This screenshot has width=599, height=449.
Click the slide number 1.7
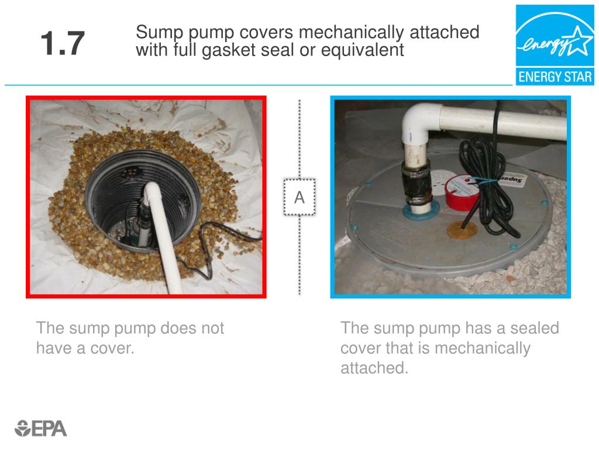62,43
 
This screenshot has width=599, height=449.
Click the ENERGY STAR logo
555,45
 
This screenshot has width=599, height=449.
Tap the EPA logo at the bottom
40,429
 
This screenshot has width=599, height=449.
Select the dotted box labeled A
299,197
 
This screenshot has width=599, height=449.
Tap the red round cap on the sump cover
462,193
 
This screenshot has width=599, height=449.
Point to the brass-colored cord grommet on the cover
462,230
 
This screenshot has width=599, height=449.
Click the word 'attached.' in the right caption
374,368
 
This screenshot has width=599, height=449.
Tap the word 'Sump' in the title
159,33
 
